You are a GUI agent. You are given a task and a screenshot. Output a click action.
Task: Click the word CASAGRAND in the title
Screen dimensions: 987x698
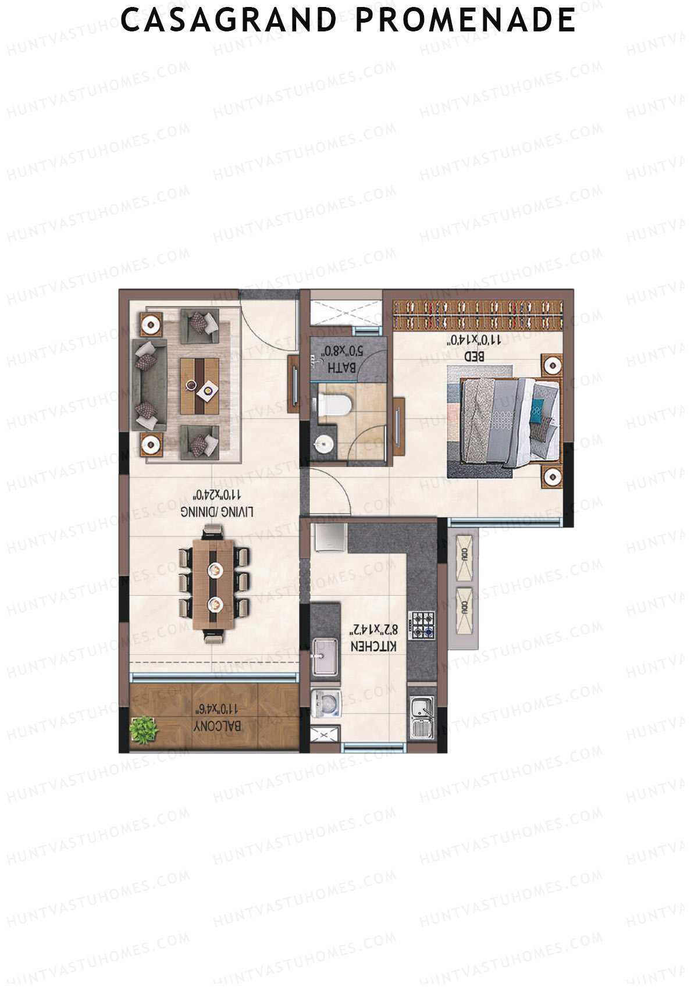click(229, 20)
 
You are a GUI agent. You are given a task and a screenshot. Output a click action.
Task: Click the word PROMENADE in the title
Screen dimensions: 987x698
click(465, 20)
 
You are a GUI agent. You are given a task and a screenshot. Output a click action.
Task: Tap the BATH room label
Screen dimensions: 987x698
click(341, 368)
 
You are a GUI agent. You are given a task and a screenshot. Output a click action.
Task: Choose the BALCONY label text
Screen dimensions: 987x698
click(218, 726)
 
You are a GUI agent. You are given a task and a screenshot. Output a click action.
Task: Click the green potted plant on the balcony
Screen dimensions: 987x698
click(144, 729)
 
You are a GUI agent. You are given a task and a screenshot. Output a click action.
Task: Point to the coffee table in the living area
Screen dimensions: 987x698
click(200, 386)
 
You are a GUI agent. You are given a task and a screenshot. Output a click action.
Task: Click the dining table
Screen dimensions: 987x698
click(214, 584)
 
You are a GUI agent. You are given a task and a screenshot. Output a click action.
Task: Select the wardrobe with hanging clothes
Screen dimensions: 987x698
click(478, 315)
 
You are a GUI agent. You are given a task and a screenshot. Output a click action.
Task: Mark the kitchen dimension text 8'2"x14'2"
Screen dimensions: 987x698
click(374, 630)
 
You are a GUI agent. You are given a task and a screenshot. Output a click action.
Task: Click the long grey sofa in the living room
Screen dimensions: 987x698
click(149, 386)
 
